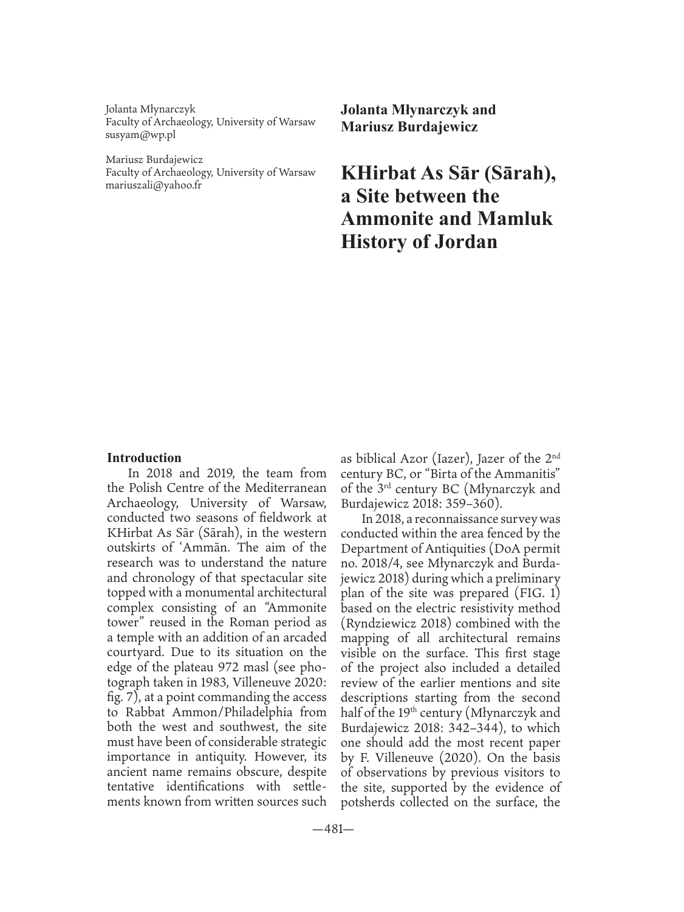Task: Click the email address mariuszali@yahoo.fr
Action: [154, 185]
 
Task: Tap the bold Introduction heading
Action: [144, 458]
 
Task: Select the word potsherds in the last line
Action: [370, 803]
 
